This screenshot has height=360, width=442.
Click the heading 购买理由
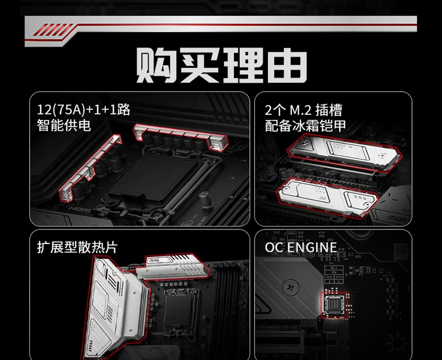point(221,65)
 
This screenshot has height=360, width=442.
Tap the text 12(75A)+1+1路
point(84,109)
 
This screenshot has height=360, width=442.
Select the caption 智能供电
point(64,125)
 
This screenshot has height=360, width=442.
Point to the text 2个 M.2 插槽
point(303,110)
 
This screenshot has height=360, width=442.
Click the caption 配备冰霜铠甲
point(305,126)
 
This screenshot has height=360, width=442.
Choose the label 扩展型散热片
point(77,247)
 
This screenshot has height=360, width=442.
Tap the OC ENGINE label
point(301,247)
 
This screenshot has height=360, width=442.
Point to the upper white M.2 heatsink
point(345,153)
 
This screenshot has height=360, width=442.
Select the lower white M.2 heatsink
point(328,198)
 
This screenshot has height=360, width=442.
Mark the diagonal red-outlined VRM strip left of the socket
point(90,168)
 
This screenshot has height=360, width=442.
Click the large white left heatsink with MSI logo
point(116,307)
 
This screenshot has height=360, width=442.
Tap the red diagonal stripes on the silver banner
point(54,29)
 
